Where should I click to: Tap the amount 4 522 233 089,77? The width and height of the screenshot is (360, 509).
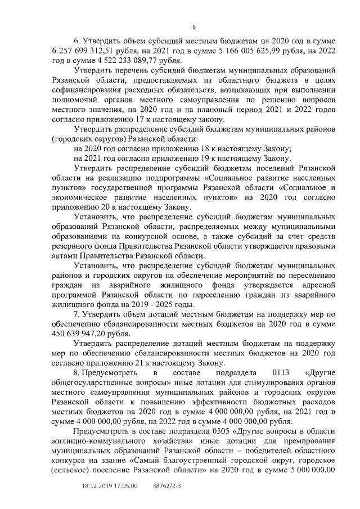coord(115,59)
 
